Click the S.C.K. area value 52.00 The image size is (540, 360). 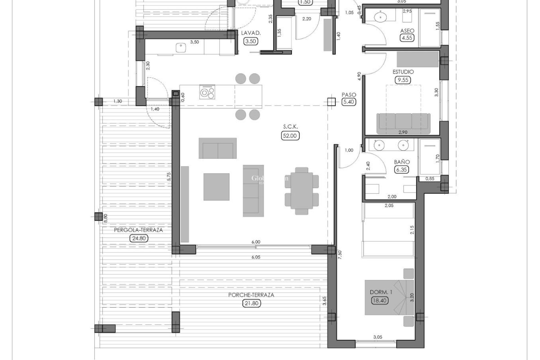click(290, 136)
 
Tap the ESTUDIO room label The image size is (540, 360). click(403, 72)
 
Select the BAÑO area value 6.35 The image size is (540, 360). click(402, 170)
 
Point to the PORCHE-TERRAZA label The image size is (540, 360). click(251, 295)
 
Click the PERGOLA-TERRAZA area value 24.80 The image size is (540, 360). click(139, 238)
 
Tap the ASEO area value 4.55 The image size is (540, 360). click(407, 38)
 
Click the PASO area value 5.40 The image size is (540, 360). click(348, 102)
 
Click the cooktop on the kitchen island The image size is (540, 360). click(207, 93)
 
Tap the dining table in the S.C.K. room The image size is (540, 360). click(302, 191)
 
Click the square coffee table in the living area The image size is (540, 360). click(216, 187)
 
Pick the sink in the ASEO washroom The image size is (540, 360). click(381, 17)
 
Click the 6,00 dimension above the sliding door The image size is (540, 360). click(256, 242)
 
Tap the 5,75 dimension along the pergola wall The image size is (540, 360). click(169, 177)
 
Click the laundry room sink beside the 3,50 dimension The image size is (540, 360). click(180, 48)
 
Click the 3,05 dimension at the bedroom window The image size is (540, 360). click(378, 337)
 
